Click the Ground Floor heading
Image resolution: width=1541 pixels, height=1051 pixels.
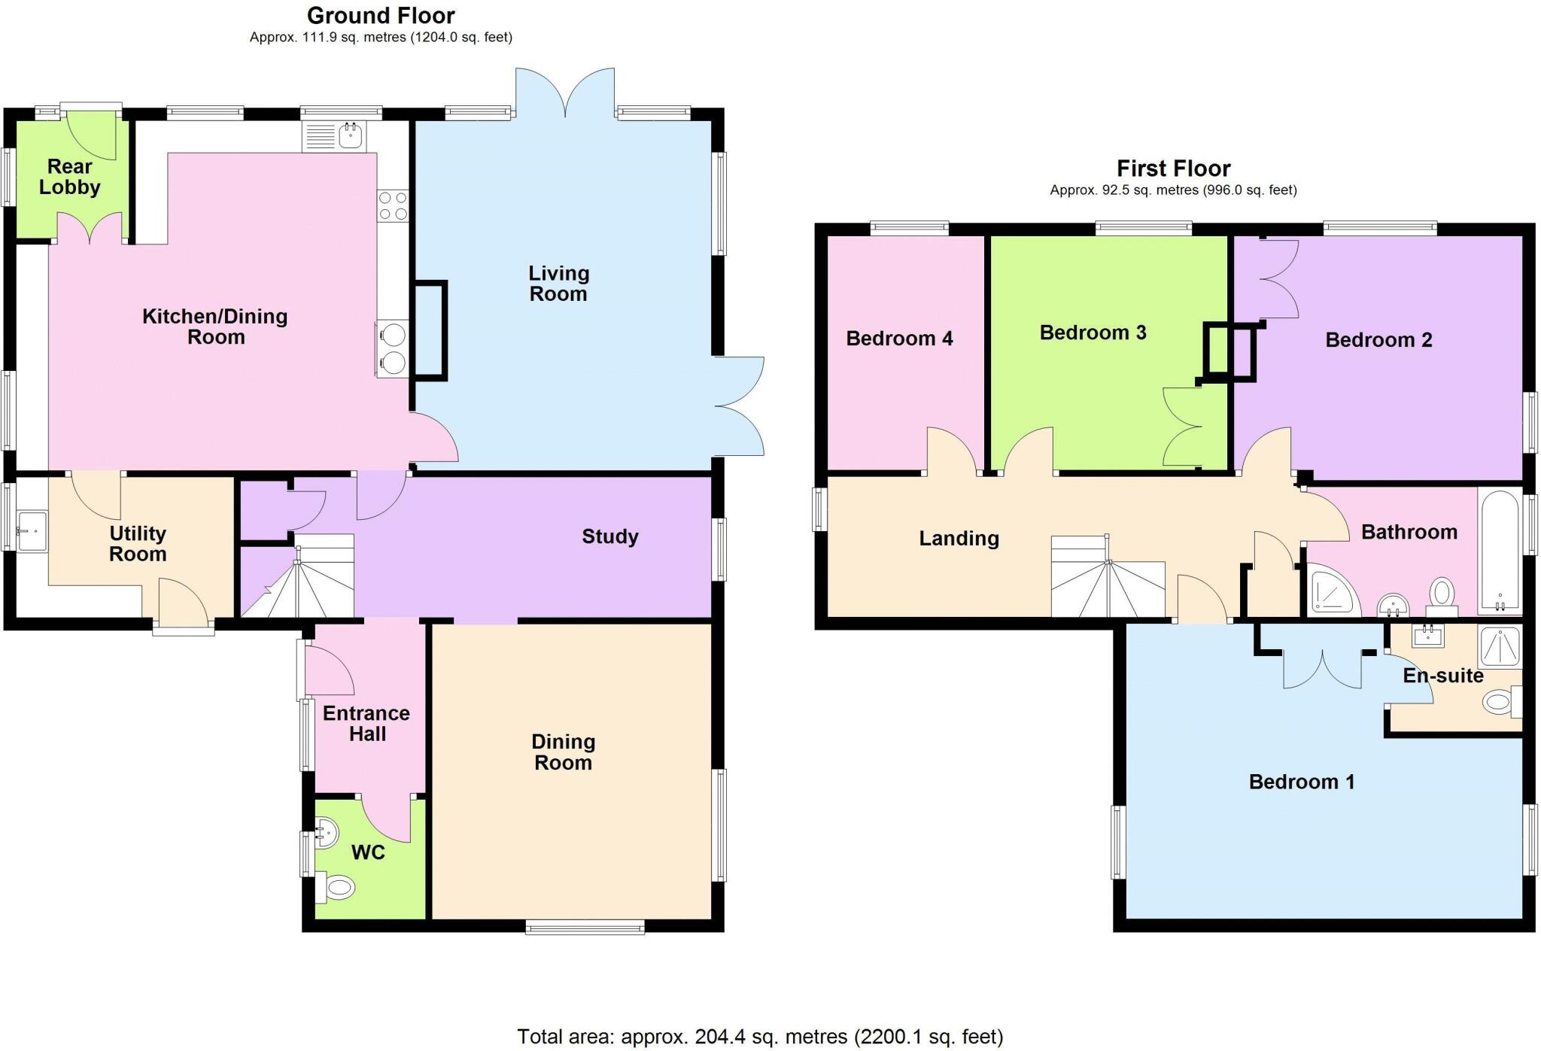(381, 16)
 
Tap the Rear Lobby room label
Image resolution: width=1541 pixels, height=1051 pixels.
(69, 177)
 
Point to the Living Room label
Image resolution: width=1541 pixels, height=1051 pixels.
(558, 284)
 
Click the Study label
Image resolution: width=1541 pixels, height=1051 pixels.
(609, 536)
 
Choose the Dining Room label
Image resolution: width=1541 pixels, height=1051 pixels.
(563, 752)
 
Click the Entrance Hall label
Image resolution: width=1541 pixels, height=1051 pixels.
(366, 724)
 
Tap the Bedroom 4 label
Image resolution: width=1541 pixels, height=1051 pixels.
(899, 339)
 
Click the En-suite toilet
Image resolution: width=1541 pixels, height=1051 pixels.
(1500, 703)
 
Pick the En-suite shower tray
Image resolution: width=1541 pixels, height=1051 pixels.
(1500, 647)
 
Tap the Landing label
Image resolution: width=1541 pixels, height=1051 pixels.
(959, 539)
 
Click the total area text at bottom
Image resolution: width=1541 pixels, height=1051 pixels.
(760, 1037)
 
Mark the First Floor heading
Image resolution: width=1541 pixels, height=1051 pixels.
(1173, 169)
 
